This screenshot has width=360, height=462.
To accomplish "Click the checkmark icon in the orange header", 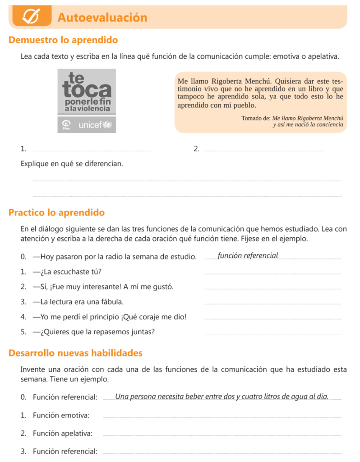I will click(x=32, y=17).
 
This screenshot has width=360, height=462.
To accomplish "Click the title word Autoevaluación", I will click(x=102, y=18).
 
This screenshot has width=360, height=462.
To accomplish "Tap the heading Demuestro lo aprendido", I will click(x=63, y=40).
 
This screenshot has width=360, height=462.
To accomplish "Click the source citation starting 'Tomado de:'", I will click(x=292, y=121).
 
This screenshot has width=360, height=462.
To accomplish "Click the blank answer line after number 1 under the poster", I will click(x=92, y=150).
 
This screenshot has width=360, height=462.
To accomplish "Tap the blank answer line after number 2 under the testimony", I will click(x=264, y=150).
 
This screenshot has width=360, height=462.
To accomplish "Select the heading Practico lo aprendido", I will click(x=57, y=213).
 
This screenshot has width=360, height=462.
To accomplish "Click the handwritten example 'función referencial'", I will click(x=248, y=256).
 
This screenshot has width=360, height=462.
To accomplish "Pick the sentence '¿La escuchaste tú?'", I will click(x=67, y=272).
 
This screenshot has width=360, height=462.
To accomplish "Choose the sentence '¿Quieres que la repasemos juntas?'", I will click(x=94, y=332).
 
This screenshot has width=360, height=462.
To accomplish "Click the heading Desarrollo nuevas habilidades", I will click(x=76, y=353).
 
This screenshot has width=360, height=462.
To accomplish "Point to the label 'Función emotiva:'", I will click(x=61, y=415).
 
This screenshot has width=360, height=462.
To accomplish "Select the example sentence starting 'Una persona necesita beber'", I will click(x=222, y=397).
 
